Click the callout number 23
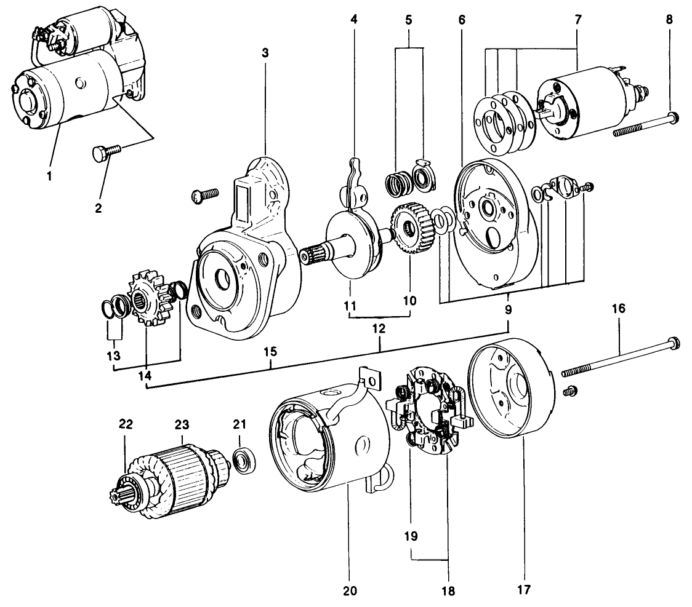(x=182, y=424)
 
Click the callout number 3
(x=265, y=53)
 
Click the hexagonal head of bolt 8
(x=672, y=116)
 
